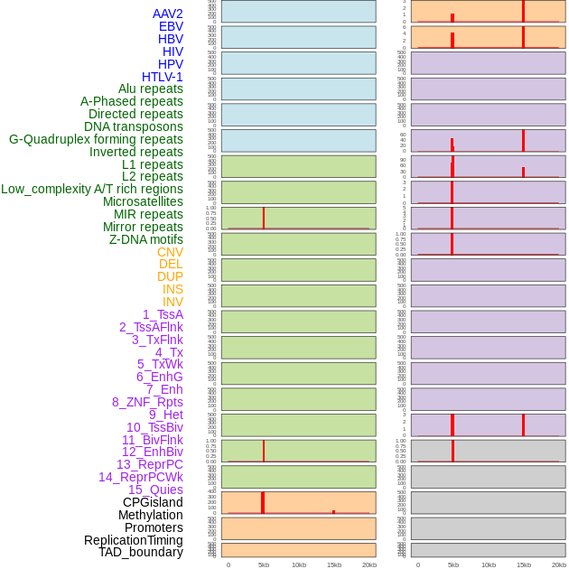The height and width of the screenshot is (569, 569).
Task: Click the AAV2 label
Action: (167, 14)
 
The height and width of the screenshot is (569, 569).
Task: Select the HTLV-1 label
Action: (162, 77)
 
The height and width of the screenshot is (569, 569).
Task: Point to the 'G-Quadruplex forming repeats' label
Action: (96, 139)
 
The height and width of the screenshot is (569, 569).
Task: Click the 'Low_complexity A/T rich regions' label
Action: (92, 189)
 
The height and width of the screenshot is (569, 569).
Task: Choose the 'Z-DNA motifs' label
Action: (146, 239)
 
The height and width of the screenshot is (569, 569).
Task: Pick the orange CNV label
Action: (170, 252)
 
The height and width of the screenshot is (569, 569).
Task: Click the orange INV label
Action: (173, 302)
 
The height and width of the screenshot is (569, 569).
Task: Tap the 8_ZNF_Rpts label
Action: (147, 402)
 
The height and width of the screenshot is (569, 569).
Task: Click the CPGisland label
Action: (153, 502)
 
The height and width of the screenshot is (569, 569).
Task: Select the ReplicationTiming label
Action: (134, 540)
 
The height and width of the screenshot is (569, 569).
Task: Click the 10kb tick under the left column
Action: (299, 564)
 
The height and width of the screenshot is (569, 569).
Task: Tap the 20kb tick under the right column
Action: (559, 564)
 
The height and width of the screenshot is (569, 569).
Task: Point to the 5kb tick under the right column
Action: (453, 564)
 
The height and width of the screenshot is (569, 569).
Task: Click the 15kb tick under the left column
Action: (334, 564)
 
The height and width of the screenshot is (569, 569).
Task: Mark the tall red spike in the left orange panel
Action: (263, 502)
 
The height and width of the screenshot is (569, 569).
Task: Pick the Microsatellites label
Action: (143, 201)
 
